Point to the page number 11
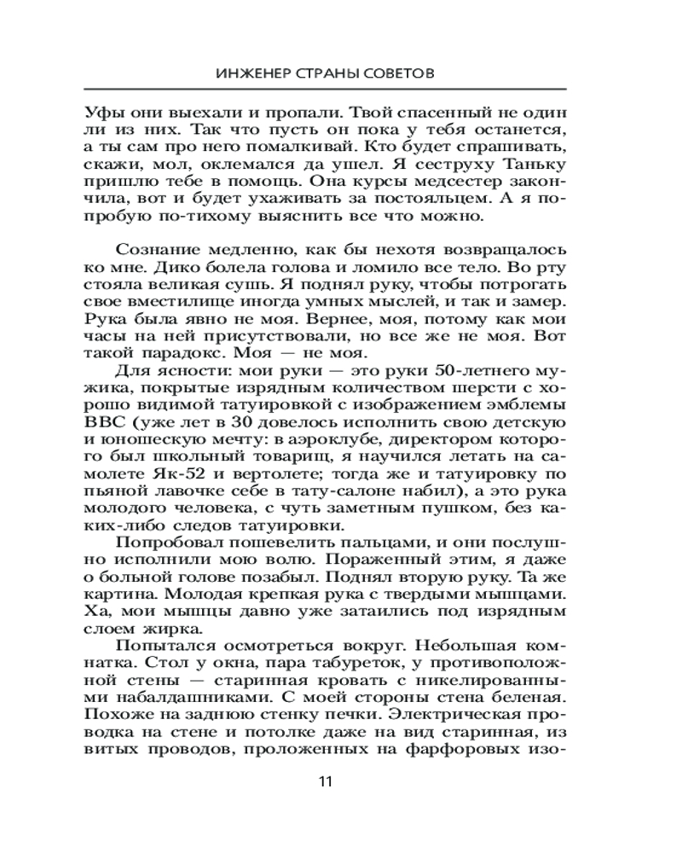(325, 782)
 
